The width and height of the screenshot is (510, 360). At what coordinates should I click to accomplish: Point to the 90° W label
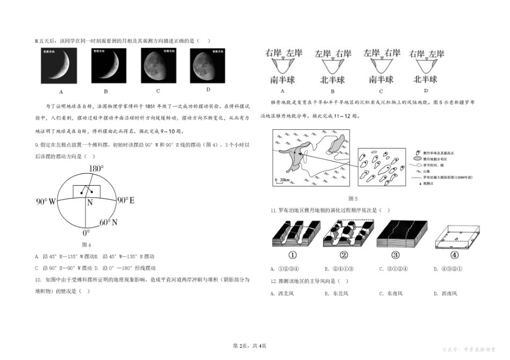coord(46,202)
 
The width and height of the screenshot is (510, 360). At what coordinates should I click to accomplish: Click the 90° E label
coord(125,201)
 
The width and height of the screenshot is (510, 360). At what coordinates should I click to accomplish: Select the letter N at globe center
coord(90,203)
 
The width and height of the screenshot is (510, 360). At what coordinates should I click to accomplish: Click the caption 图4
coord(88,245)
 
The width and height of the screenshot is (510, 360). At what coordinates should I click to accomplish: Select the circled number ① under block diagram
coord(294,255)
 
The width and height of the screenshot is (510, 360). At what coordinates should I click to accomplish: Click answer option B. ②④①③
coord(337,269)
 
